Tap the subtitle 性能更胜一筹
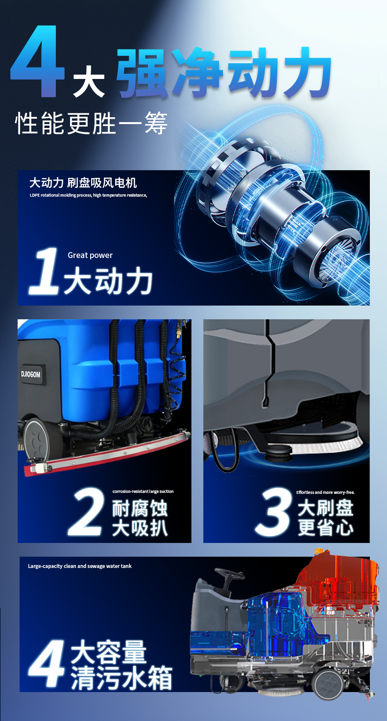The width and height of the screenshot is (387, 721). coord(91,123)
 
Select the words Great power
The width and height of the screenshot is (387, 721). coord(90,255)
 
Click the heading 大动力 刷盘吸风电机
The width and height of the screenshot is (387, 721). coord(83,183)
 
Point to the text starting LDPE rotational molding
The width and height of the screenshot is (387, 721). coord(88,195)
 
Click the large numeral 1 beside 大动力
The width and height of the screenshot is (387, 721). coord(44,271)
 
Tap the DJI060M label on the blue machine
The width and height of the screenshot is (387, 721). coord(31,374)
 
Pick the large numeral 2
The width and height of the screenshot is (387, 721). coord(87,512)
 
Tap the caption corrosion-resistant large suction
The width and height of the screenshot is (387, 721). coord(143,491)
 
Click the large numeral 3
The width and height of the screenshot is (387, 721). coord(274,512)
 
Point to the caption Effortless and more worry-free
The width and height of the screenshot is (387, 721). coord(325,492)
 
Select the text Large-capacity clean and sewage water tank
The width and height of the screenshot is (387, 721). coord(80,566)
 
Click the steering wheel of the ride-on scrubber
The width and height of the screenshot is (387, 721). coord(229,572)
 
